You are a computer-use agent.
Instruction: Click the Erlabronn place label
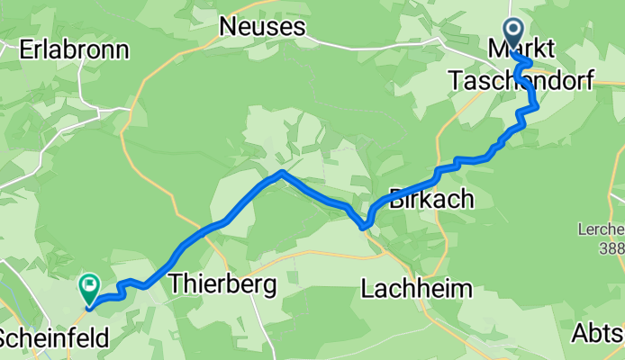[74, 49]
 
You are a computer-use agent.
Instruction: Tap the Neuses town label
[262, 27]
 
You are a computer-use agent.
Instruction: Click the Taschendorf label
[521, 81]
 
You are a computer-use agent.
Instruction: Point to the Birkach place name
[430, 199]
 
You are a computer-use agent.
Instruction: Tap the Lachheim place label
[417, 289]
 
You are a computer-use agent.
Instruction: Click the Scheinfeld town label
[54, 339]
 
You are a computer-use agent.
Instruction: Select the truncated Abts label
[597, 334]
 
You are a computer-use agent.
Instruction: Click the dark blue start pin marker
[514, 34]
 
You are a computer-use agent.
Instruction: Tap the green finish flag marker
[90, 288]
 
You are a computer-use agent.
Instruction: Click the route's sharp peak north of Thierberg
[282, 172]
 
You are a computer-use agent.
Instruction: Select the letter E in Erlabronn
[26, 49]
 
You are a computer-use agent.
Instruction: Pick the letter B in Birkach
[396, 199]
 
